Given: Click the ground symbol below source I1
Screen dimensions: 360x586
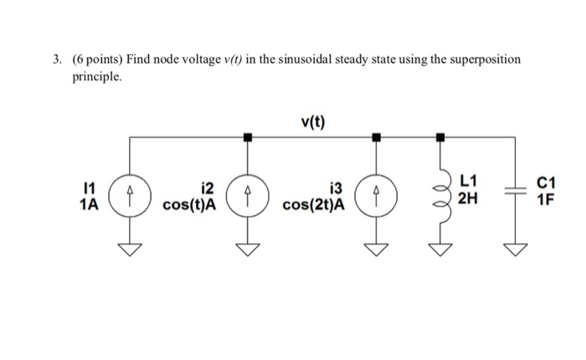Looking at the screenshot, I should (x=129, y=248).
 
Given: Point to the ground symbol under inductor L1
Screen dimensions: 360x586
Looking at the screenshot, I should (x=440, y=248).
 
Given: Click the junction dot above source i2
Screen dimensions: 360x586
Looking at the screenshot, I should (x=247, y=136).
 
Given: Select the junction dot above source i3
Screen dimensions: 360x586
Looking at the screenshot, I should (x=376, y=136).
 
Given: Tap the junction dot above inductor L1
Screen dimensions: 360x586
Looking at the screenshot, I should (x=440, y=136).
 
